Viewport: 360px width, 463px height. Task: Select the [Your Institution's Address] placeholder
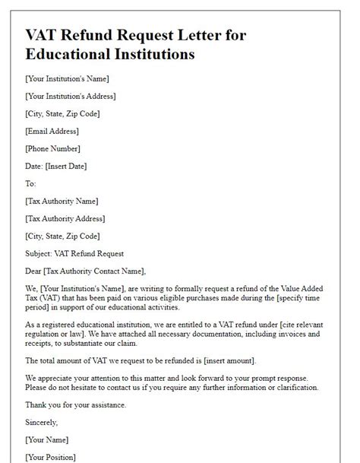[71, 96]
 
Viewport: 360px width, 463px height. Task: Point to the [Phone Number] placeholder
[52, 148]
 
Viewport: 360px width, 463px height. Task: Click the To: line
[31, 183]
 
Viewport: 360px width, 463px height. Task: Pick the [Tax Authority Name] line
[62, 201]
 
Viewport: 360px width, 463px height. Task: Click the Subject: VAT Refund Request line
[74, 253]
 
